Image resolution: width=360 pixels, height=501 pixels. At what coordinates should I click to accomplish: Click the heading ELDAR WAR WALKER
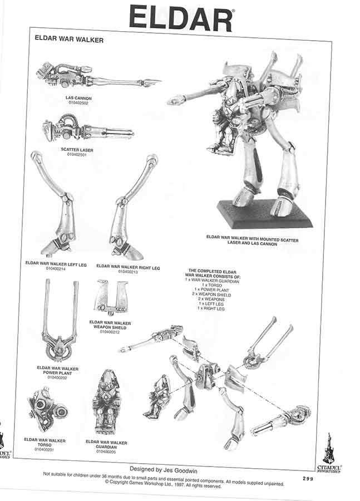[x=69, y=40]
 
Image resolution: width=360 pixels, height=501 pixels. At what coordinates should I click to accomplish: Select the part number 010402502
[x=78, y=103]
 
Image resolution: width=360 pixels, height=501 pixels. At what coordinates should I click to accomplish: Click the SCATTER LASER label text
[x=78, y=150]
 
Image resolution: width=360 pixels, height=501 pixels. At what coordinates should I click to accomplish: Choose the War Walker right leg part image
[x=131, y=206]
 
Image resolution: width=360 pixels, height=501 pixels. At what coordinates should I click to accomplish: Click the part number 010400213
[x=128, y=272]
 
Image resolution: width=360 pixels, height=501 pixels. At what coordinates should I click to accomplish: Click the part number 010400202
[x=58, y=377]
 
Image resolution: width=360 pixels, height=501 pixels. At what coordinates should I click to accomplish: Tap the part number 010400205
[x=106, y=451]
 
